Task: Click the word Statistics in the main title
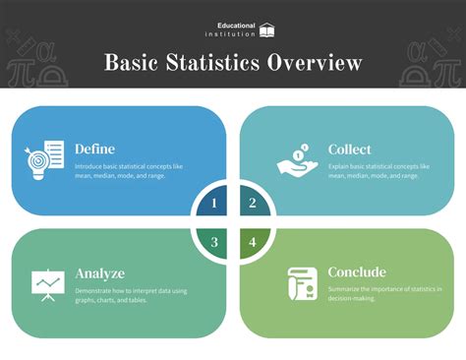click(217, 64)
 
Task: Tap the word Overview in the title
click(318, 64)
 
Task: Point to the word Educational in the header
click(236, 25)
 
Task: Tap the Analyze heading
click(100, 272)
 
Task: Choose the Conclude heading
click(358, 271)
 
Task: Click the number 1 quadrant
click(214, 204)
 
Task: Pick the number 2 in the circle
click(253, 204)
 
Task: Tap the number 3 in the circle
click(214, 241)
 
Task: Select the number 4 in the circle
click(253, 241)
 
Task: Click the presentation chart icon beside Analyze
click(46, 284)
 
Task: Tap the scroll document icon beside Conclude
click(300, 283)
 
